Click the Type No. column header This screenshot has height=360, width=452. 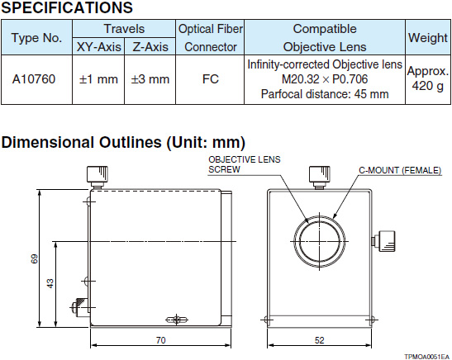coord(36,37)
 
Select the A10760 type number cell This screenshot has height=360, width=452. coord(34,79)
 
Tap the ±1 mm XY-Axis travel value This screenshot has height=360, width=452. coord(98,79)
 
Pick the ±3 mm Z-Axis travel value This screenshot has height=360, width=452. coord(150,79)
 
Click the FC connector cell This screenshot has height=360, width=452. coord(210,79)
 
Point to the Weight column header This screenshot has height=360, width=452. coord(428,38)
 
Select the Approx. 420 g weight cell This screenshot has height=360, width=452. coord(428,78)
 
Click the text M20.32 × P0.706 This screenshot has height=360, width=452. coord(325,79)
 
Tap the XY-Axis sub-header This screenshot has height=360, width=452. coord(98,47)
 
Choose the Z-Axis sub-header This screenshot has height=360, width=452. coord(150,47)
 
